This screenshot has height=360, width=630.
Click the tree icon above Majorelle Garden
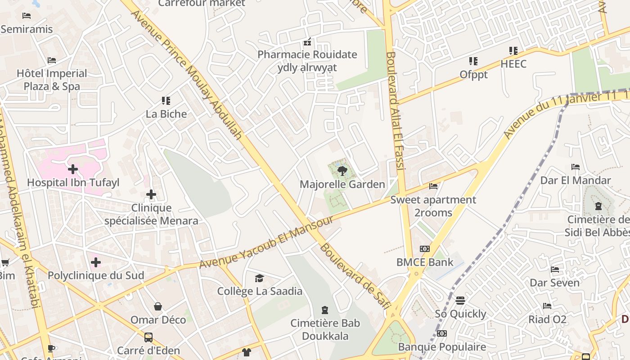(342, 171)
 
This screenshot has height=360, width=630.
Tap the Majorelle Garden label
(342, 184)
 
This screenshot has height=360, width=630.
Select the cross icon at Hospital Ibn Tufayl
(72, 169)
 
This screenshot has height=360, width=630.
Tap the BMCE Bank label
(425, 262)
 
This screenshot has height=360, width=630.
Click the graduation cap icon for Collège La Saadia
(259, 278)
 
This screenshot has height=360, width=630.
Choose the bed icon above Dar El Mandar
(575, 167)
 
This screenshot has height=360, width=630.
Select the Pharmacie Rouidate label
(307, 55)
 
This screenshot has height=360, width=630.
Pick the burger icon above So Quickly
(460, 300)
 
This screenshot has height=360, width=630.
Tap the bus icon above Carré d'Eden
(148, 337)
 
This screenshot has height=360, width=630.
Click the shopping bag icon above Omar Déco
(158, 306)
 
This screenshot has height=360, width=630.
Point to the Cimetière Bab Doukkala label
(325, 329)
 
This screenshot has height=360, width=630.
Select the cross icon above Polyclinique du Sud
(95, 262)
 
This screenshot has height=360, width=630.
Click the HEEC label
(513, 64)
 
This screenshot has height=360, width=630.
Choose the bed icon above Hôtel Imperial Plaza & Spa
(52, 60)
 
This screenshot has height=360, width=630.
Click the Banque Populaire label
(442, 347)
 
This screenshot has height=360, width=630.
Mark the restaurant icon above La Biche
(166, 100)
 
